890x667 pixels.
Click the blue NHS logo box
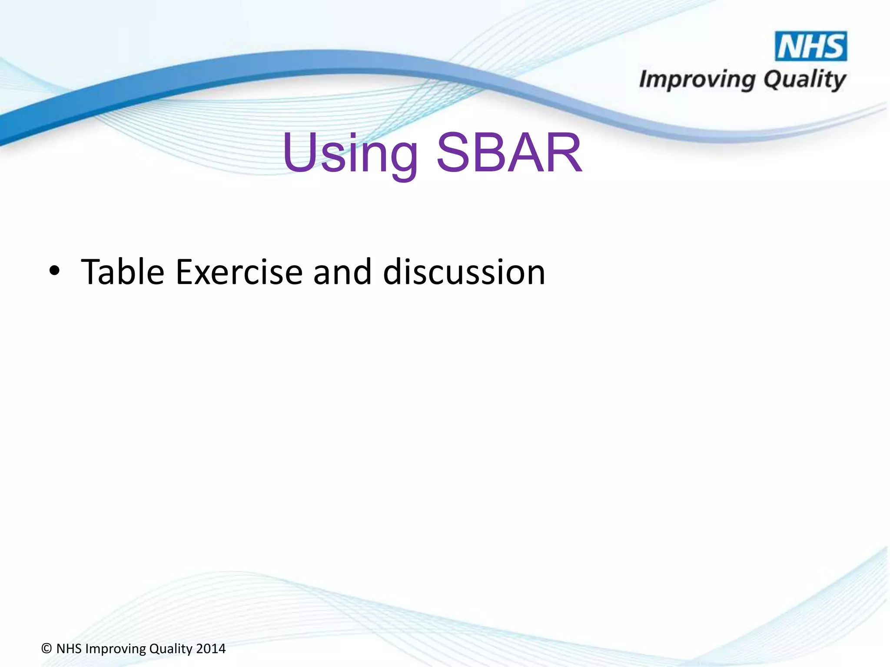point(811,46)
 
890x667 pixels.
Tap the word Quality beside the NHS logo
point(804,80)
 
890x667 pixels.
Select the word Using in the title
point(350,154)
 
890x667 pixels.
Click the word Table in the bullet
point(123,272)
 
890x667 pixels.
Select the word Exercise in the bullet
point(239,272)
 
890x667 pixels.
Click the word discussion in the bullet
point(464,272)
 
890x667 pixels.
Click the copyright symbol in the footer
point(46,649)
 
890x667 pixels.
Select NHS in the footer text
point(69,649)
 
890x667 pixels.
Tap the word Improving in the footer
point(116,649)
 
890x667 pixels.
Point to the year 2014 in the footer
point(211,649)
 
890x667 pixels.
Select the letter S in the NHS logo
point(835,46)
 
